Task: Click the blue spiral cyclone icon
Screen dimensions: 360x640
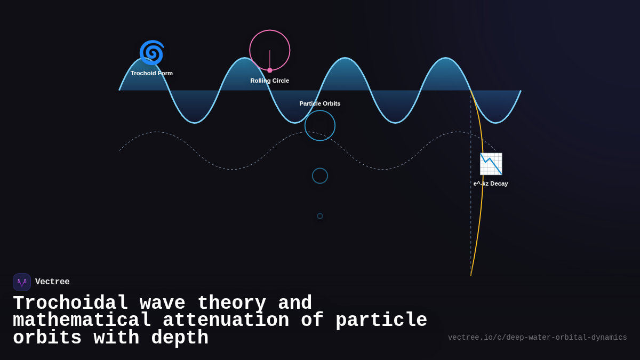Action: pyautogui.click(x=151, y=53)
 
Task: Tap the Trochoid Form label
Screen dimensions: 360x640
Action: pyautogui.click(x=151, y=73)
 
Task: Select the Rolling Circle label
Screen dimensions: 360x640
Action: pyautogui.click(x=269, y=81)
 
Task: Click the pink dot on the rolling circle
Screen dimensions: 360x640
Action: pyautogui.click(x=270, y=70)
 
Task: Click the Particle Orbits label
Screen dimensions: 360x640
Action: pyautogui.click(x=319, y=103)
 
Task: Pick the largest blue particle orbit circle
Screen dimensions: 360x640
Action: pyautogui.click(x=320, y=125)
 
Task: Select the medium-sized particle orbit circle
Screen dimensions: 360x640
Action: pyautogui.click(x=320, y=175)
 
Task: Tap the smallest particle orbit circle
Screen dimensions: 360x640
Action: pyautogui.click(x=320, y=216)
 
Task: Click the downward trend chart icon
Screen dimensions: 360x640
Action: pyautogui.click(x=491, y=164)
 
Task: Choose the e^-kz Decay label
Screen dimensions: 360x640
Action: pyautogui.click(x=491, y=183)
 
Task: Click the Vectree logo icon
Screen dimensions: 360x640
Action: pyautogui.click(x=22, y=282)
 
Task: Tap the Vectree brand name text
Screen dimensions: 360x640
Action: pyautogui.click(x=52, y=282)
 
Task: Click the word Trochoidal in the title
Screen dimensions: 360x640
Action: pyautogui.click(x=70, y=303)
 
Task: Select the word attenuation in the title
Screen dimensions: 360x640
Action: pyautogui.click(x=226, y=321)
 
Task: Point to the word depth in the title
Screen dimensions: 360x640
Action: pyautogui.click(x=180, y=338)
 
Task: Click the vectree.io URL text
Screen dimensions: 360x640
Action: pyautogui.click(x=537, y=338)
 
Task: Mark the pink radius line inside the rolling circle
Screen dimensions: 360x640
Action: pyautogui.click(x=270, y=60)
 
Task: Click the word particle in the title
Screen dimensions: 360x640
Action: pyautogui.click(x=381, y=321)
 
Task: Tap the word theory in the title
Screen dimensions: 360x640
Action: pyautogui.click(x=231, y=303)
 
